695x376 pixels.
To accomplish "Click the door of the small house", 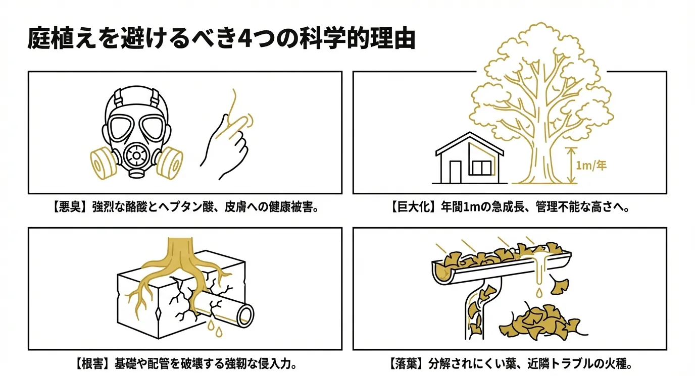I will click(x=456, y=172).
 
